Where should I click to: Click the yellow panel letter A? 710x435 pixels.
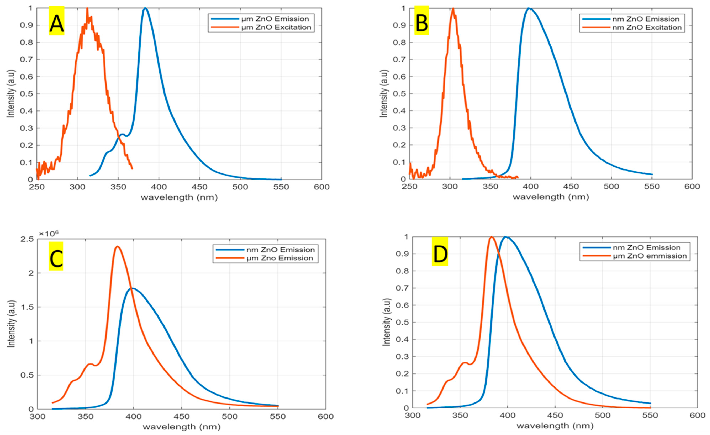pyautogui.click(x=56, y=21)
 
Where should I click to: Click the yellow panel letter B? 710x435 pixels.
pyautogui.click(x=422, y=21)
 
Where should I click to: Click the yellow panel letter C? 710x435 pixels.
pyautogui.click(x=56, y=256)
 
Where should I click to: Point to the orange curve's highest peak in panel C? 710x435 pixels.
pyautogui.click(x=117, y=246)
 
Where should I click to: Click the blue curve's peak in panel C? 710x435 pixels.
pyautogui.click(x=133, y=288)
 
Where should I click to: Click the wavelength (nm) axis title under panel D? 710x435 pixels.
pyautogui.click(x=555, y=426)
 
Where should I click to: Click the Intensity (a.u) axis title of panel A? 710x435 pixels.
pyautogui.click(x=11, y=94)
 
